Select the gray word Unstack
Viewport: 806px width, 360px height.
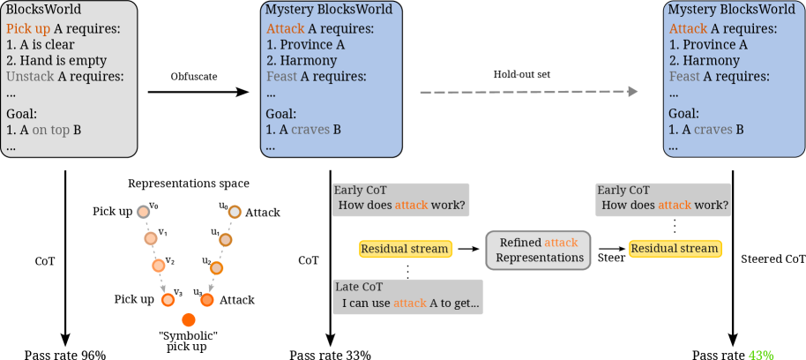pyautogui.click(x=30, y=77)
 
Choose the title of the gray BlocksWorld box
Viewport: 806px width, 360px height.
pyautogui.click(x=43, y=10)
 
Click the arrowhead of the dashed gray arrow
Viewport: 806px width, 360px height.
pyautogui.click(x=632, y=92)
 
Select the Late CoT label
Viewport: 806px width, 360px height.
pyautogui.click(x=360, y=287)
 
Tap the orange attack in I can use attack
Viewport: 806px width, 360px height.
pyautogui.click(x=409, y=304)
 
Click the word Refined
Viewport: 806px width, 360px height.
pyautogui.click(x=519, y=243)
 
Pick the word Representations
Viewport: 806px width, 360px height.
pyautogui.click(x=539, y=258)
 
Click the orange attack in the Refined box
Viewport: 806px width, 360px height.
pyautogui.click(x=561, y=243)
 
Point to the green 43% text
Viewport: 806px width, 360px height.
pyautogui.click(x=760, y=355)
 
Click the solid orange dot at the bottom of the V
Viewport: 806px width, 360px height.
pyautogui.click(x=188, y=319)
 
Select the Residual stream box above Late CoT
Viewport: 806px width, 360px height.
pyautogui.click(x=406, y=249)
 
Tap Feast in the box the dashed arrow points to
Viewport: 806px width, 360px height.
pyautogui.click(x=683, y=77)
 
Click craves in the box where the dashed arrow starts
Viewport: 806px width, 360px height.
pyautogui.click(x=310, y=130)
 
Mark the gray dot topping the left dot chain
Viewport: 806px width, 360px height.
pyautogui.click(x=144, y=212)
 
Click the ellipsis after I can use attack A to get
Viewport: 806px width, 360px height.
pyautogui.click(x=474, y=304)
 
